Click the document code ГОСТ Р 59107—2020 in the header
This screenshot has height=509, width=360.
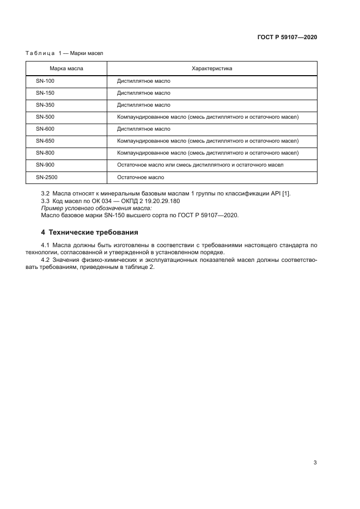287,38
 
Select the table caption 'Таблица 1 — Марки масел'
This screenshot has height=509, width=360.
64,53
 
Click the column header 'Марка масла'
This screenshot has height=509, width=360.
66,69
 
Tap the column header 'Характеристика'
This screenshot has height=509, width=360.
212,69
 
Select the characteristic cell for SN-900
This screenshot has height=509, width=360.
200,165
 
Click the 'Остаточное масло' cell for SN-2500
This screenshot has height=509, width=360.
141,177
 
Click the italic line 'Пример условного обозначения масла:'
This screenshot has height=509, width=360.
89,208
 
